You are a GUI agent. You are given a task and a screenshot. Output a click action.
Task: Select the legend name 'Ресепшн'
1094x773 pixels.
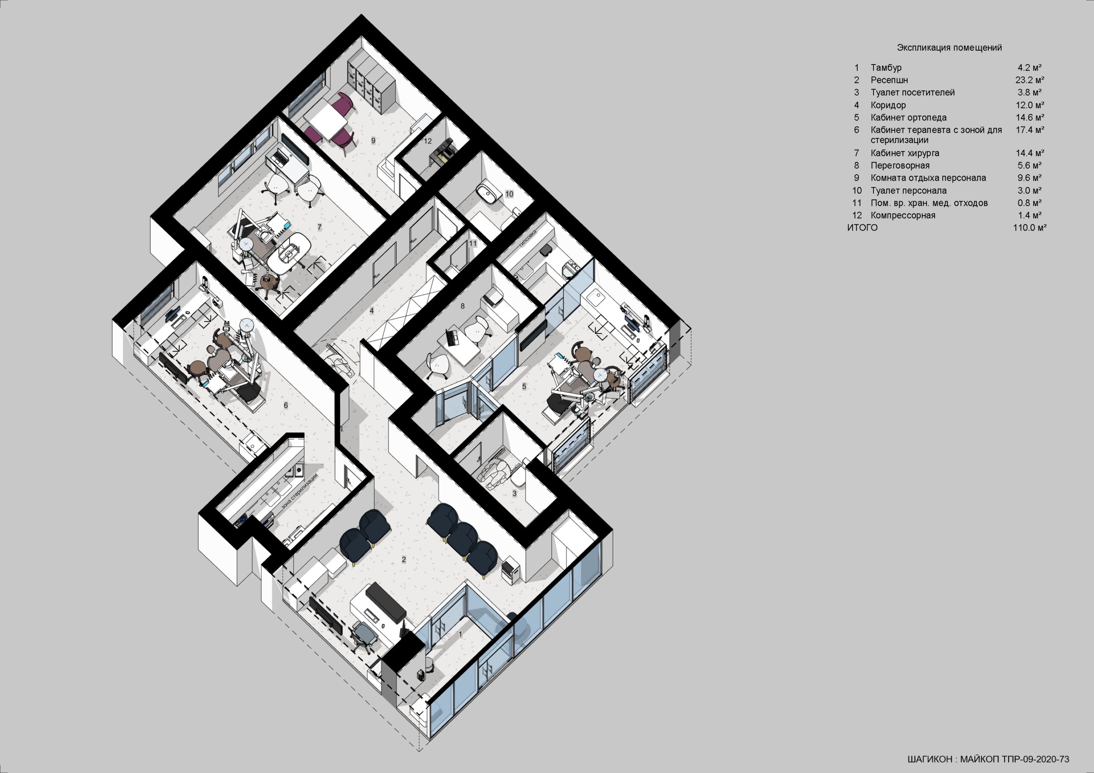889,80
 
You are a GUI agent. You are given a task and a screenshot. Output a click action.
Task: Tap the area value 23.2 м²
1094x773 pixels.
1029,80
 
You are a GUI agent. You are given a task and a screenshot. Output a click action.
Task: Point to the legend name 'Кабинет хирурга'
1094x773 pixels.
905,153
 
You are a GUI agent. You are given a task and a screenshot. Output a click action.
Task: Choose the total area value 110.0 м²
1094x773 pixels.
1029,228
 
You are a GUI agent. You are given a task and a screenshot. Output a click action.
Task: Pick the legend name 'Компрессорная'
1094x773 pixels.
903,215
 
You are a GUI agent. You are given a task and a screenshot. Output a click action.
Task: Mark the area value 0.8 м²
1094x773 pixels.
1029,203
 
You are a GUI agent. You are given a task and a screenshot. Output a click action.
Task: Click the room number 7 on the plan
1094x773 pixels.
319,227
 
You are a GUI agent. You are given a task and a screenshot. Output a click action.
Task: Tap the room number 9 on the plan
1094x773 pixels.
373,141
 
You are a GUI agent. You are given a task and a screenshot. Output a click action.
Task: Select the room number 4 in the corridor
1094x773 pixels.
372,311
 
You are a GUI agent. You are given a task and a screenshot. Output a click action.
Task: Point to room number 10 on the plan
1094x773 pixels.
509,194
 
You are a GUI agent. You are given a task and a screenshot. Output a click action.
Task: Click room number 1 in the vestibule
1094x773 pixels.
460,634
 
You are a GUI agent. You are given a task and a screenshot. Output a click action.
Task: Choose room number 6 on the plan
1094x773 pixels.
286,405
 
